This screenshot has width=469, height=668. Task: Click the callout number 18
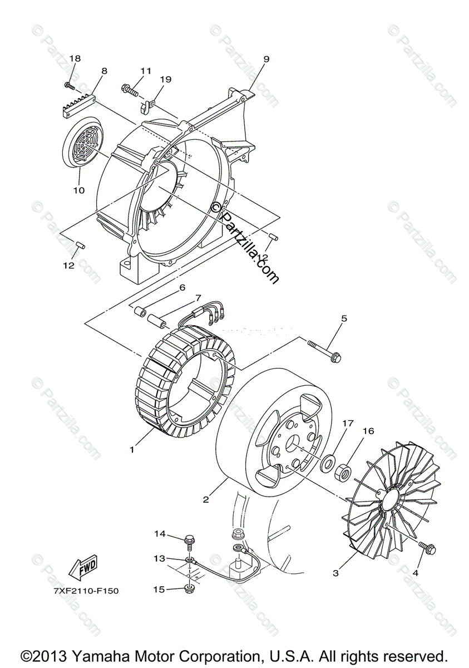coord(75,58)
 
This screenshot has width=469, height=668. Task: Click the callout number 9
coord(266,58)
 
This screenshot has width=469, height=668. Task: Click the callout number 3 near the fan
coord(336,572)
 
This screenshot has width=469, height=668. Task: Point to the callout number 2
coord(206,499)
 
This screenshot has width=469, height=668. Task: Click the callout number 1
coord(132,450)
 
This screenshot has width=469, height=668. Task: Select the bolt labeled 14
coord(190,538)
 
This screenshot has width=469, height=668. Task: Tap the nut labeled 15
coord(190,588)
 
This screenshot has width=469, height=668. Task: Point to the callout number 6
coord(181,288)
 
